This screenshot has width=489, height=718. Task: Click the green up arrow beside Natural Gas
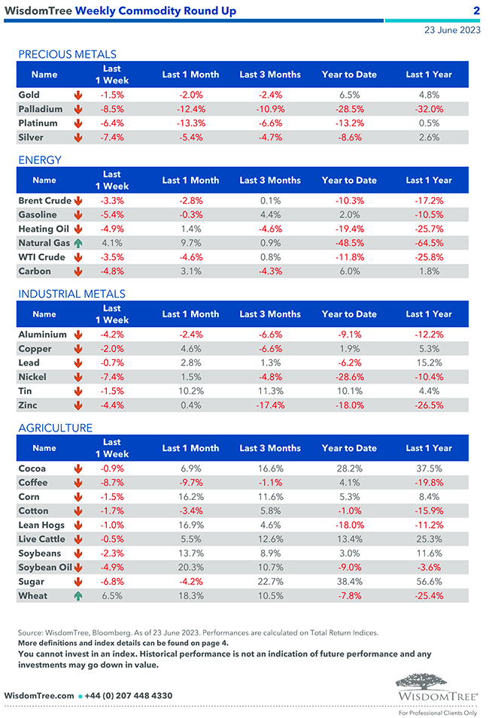[77, 243]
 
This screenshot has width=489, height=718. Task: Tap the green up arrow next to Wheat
[77, 595]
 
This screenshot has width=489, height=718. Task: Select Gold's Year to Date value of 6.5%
[349, 95]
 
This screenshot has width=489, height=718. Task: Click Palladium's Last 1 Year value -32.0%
[429, 109]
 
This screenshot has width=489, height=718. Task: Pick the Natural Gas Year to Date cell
[349, 243]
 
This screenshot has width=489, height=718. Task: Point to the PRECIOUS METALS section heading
[67, 54]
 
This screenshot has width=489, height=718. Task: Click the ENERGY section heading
[39, 160]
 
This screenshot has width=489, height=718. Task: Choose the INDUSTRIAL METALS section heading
[71, 294]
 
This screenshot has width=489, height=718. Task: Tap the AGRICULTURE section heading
[55, 428]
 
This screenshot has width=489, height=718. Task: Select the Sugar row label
[31, 581]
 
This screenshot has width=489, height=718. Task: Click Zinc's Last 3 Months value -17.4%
[269, 405]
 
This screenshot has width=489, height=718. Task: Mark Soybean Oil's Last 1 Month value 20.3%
[191, 567]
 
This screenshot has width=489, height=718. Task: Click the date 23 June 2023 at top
[452, 31]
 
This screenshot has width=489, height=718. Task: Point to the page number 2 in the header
[476, 11]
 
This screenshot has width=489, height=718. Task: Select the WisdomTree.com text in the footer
[39, 695]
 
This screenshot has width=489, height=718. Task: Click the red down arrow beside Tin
[77, 391]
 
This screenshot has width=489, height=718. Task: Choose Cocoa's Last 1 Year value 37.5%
[429, 468]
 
